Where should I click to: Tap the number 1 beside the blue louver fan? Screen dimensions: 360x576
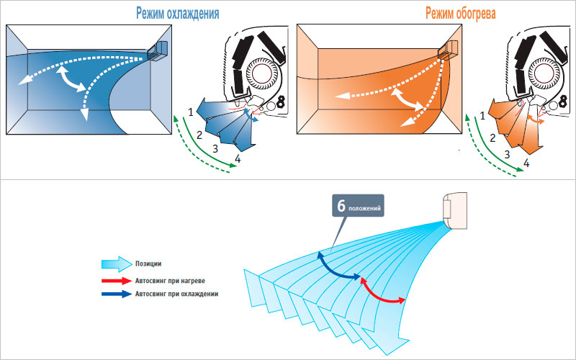191,112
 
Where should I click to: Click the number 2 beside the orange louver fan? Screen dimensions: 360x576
492,138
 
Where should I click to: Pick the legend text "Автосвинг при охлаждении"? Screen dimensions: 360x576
176,294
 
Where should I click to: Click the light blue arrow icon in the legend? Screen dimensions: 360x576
115,264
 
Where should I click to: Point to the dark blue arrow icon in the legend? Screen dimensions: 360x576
115,294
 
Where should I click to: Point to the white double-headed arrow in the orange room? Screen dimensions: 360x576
408,99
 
